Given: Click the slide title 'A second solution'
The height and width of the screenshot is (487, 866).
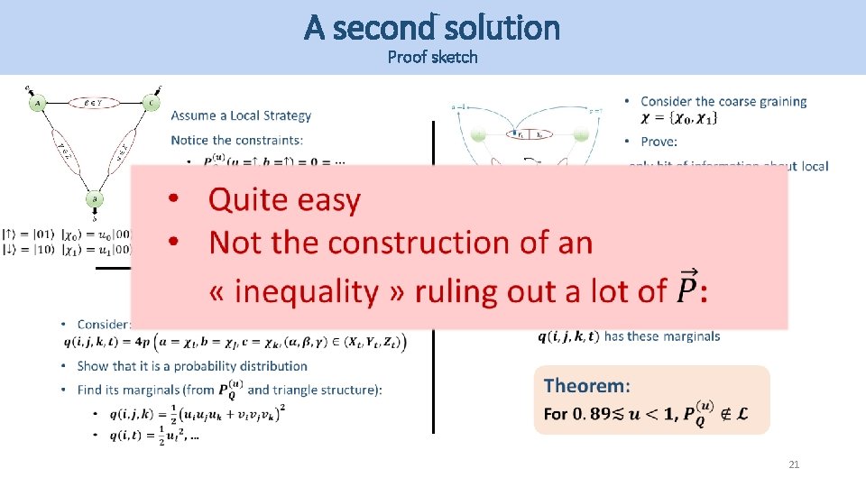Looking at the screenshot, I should point(432,28).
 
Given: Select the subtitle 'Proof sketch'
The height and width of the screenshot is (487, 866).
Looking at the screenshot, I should point(432,58).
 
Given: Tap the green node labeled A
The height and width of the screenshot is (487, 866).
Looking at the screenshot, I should point(38,104).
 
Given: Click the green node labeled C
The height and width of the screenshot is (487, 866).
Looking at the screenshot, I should point(151,104).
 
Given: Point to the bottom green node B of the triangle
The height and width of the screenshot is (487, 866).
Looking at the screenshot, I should point(95,199).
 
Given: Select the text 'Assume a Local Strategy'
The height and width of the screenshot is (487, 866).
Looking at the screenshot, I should point(241,115).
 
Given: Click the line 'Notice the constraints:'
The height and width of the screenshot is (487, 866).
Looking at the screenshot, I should point(237,140).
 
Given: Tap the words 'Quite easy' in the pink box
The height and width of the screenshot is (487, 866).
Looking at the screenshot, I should point(284,200).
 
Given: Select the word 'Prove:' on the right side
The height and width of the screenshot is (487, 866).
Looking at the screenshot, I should point(659,142).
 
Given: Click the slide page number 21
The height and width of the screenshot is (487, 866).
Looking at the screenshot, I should point(794,464).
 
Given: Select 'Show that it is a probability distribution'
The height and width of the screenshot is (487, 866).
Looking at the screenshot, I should point(192,366).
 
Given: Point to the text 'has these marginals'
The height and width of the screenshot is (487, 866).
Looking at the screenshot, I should point(662,336).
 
